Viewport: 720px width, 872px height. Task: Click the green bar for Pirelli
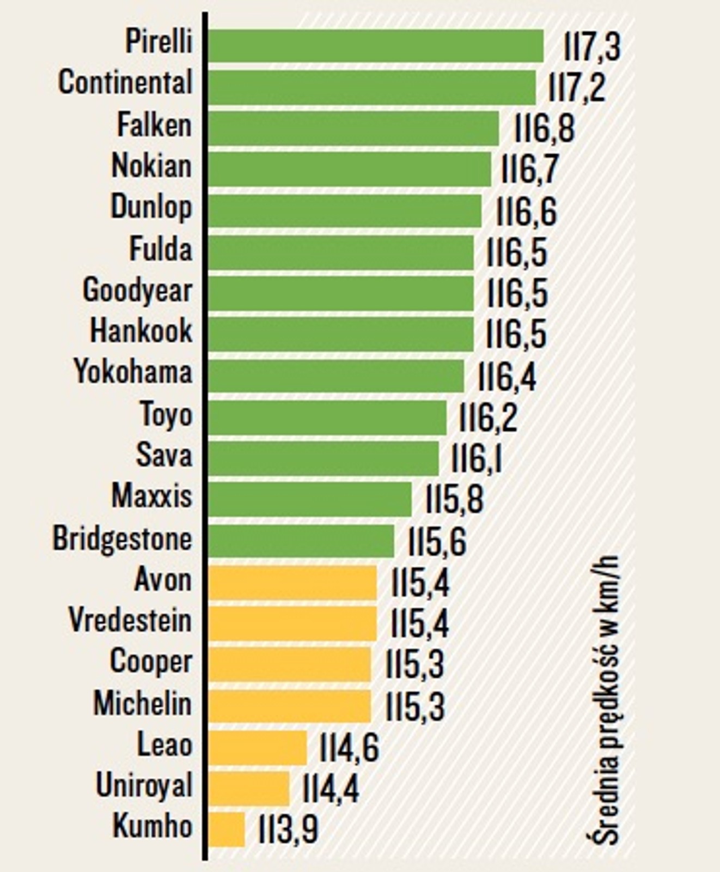(x=376, y=46)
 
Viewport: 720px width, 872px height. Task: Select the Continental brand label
(x=125, y=83)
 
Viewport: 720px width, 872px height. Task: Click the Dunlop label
(x=151, y=208)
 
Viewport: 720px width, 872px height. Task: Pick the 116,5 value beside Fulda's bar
(x=516, y=252)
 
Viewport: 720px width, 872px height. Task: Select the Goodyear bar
(x=341, y=293)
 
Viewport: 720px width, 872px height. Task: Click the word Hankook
(x=141, y=331)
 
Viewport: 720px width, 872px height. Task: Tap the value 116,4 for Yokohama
(x=507, y=376)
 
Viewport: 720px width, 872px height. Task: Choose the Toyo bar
(x=327, y=417)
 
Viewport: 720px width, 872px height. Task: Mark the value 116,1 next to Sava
(x=477, y=459)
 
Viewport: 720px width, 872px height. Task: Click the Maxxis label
(x=152, y=496)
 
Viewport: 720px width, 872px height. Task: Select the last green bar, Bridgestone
(x=301, y=541)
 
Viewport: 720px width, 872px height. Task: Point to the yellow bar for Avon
(x=292, y=583)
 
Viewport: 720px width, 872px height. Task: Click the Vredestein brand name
(x=130, y=621)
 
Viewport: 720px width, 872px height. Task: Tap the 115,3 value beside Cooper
(x=415, y=664)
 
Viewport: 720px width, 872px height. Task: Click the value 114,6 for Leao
(x=349, y=748)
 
